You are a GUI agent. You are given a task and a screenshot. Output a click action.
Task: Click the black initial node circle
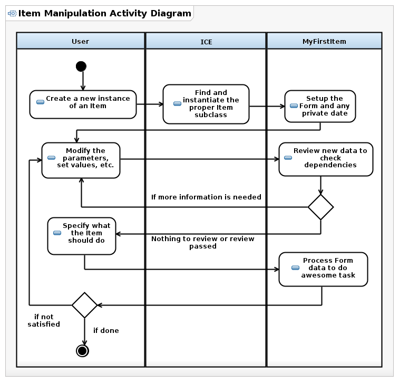point(81,66)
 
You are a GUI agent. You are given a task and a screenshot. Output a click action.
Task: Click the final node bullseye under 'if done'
point(82,351)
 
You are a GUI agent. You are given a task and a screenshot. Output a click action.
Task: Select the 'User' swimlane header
point(81,41)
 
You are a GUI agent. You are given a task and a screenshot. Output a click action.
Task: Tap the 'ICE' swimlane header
point(206,41)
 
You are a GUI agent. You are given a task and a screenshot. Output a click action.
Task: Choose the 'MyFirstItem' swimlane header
point(325,41)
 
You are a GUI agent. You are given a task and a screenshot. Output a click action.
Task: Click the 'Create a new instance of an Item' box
point(83,104)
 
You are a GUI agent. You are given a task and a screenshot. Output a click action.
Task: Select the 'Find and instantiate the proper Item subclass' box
point(206,104)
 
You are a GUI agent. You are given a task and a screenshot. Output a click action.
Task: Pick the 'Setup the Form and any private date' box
point(320,106)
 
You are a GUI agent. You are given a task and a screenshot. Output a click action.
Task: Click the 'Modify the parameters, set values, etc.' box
point(81,160)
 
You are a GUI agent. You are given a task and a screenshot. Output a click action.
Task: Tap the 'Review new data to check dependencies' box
point(326,159)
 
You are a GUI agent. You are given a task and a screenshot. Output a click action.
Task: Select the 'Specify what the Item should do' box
point(82,236)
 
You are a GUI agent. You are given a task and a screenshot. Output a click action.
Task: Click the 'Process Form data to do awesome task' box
point(324,270)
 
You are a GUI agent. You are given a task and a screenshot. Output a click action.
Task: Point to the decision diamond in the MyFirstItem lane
point(320,207)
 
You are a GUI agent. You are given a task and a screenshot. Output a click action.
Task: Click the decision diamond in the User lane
point(84,305)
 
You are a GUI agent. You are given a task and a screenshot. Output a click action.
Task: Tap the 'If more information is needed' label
point(206,197)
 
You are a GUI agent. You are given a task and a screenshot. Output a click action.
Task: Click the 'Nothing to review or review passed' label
point(203,242)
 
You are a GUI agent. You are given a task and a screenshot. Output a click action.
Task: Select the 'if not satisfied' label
point(44,320)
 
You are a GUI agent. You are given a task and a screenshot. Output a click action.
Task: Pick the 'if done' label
point(106,330)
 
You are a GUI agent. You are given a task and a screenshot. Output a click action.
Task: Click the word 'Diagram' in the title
point(171,13)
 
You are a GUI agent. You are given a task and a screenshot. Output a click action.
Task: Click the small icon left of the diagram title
point(12,13)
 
